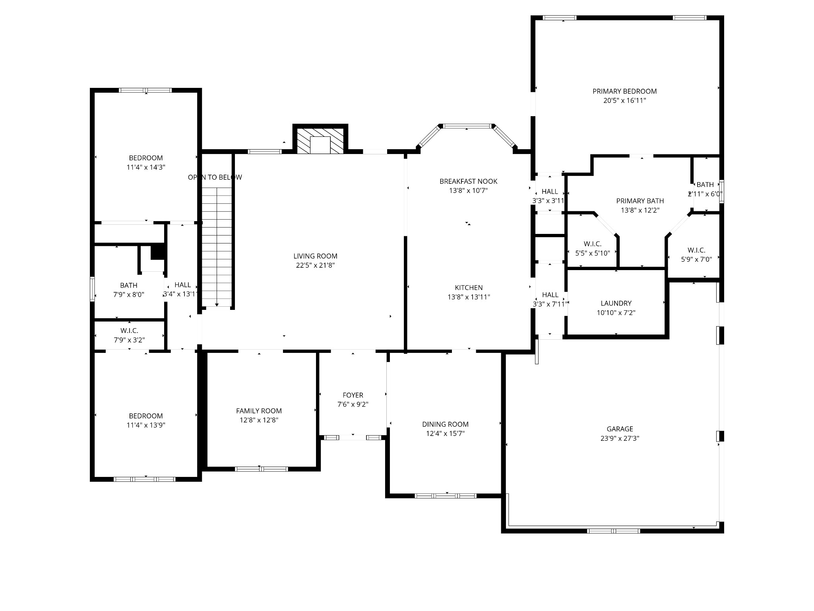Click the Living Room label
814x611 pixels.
(315, 256)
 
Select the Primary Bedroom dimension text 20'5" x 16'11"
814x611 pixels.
(624, 101)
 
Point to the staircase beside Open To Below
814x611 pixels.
(217, 247)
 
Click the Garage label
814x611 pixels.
(620, 429)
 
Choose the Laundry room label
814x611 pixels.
(616, 303)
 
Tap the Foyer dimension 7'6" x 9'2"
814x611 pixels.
(353, 405)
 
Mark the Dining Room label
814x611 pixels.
(445, 424)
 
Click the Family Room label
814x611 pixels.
(259, 411)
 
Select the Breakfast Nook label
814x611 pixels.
(468, 181)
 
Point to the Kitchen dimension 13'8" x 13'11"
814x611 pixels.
(469, 297)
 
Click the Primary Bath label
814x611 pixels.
(640, 201)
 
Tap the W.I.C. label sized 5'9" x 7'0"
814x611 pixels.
(696, 250)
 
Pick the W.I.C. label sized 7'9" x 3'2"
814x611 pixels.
(129, 331)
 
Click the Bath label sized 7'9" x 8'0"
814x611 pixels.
(128, 285)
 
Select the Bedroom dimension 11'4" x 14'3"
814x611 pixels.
(146, 167)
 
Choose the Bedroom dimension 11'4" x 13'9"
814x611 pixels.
(146, 425)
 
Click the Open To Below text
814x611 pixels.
(215, 177)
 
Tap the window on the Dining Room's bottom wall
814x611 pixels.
(445, 496)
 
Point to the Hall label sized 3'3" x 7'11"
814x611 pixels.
(550, 295)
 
